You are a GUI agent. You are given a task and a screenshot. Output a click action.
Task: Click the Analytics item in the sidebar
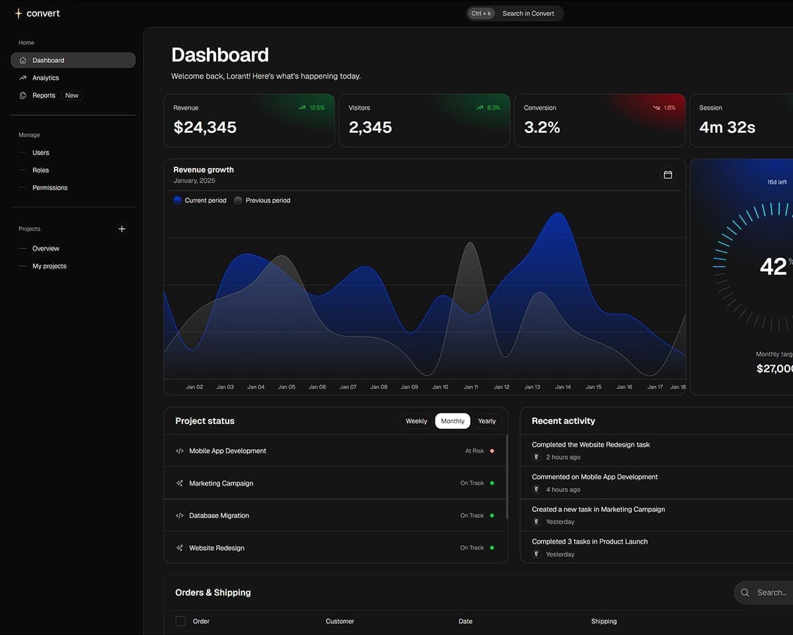coord(46,78)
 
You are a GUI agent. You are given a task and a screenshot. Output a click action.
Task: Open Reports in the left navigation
coord(44,95)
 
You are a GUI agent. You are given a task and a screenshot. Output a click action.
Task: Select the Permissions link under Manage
coord(50,188)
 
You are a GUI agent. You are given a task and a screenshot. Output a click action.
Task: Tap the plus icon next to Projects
coord(122,229)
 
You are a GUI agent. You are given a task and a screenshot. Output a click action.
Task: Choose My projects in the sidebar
coord(50,266)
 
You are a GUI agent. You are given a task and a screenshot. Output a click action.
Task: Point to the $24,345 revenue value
coord(205,128)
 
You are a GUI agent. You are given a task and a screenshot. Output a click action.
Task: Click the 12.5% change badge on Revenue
coord(312,108)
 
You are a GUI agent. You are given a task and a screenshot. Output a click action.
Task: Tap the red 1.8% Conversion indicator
coord(664,108)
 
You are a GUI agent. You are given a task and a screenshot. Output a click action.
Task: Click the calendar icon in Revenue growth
coord(667,175)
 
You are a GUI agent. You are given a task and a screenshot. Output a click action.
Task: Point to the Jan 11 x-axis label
coord(471,387)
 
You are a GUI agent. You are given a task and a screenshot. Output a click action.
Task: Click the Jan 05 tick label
coord(287,387)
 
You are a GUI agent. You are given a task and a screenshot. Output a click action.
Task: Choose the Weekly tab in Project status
coord(416,421)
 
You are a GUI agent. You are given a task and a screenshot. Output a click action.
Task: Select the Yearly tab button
coord(486,421)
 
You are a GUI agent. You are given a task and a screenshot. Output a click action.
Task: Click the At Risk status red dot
coord(492,451)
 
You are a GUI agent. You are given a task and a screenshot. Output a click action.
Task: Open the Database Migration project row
coord(219,516)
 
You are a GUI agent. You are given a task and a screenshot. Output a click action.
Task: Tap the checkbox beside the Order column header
coord(180,621)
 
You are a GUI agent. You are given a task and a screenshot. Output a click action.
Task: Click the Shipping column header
coord(603,622)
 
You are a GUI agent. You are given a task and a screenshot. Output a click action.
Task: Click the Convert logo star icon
coord(19,13)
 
